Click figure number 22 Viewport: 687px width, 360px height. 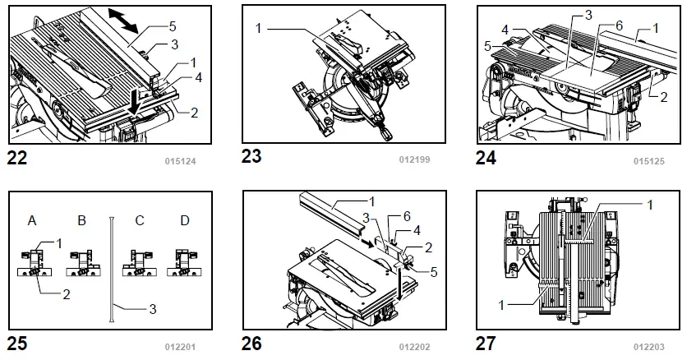tap(17, 159)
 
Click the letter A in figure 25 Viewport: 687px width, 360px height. tap(33, 221)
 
